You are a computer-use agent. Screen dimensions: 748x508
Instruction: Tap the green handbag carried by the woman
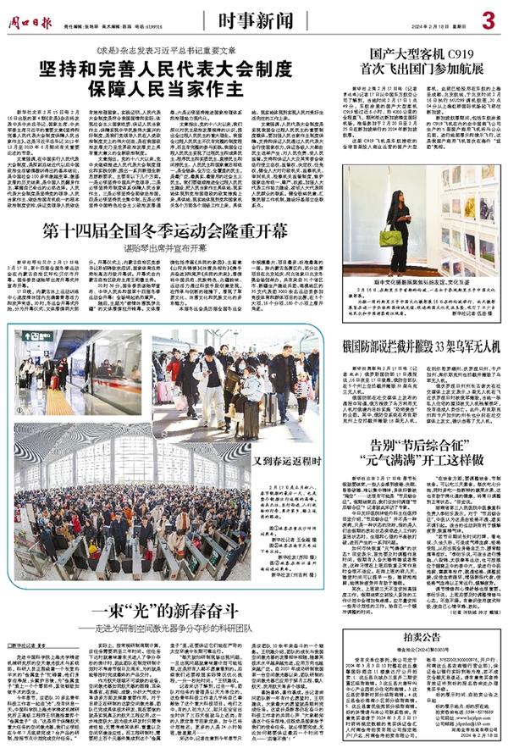click(391, 239)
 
